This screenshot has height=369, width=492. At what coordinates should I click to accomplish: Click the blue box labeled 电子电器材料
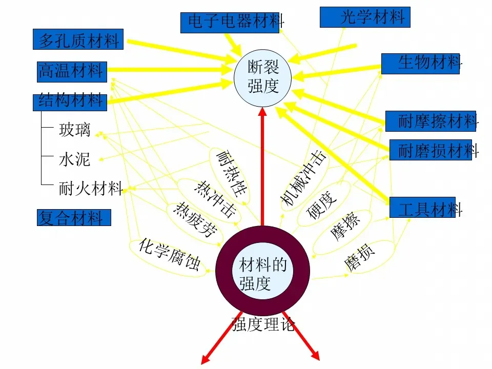coord(230,22)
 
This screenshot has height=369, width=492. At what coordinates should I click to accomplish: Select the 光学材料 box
coord(365,17)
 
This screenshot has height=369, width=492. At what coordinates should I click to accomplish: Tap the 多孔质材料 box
coord(78,39)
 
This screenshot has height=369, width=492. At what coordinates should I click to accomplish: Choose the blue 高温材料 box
coord(71,71)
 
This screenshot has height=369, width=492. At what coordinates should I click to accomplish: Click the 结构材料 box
coord(70,101)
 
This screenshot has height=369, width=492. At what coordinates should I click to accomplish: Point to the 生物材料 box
coord(420,63)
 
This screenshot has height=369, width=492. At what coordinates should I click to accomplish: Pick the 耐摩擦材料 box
coord(430,121)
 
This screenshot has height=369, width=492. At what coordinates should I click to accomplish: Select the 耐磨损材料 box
coord(430,150)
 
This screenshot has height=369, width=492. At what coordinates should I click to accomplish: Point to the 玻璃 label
coord(75,130)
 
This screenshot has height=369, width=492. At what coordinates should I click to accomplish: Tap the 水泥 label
coord(75,159)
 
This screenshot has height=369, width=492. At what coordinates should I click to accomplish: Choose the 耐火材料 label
coord(90,189)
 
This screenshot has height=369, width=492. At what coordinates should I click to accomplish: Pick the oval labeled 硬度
coord(322,204)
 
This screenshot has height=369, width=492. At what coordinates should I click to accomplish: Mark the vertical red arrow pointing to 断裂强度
coord(262,169)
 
